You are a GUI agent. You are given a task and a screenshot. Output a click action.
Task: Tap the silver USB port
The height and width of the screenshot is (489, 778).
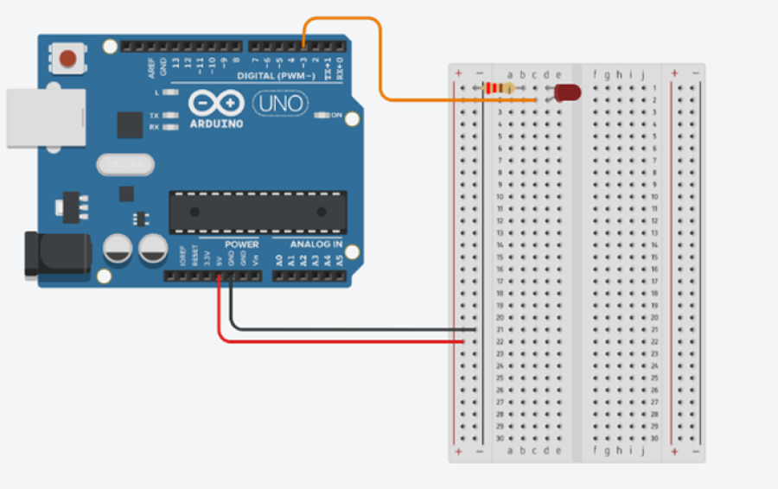point(45,117)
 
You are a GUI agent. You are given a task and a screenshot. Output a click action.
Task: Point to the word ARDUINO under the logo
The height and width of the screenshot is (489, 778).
point(215,124)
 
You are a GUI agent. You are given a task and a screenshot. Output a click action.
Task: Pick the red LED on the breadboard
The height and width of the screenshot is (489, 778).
point(567,92)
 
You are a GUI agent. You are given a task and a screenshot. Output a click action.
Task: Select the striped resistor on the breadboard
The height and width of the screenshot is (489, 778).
point(499,88)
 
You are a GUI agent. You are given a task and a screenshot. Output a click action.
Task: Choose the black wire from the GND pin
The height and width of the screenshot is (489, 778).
point(346,329)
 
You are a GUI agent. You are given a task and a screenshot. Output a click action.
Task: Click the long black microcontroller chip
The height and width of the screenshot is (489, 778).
point(258,212)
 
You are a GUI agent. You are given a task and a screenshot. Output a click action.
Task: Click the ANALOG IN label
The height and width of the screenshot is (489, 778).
point(316,244)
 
